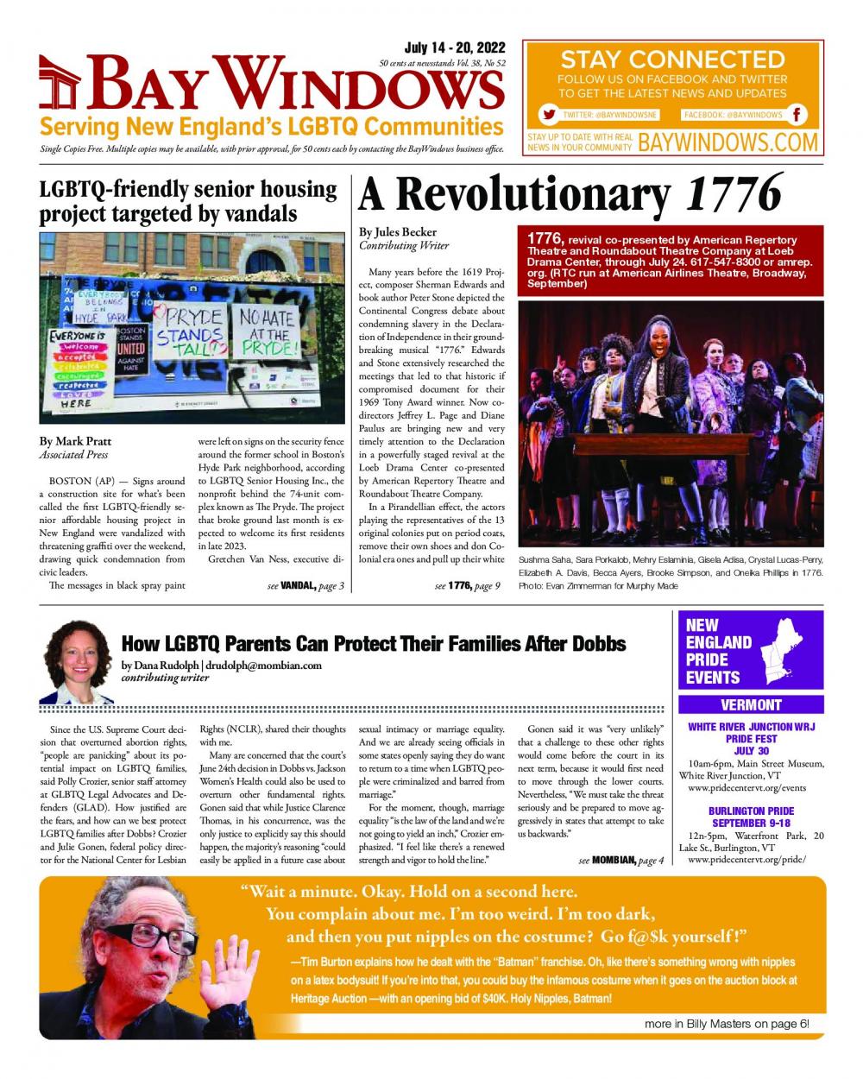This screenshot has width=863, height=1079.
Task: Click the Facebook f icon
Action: [x=798, y=115]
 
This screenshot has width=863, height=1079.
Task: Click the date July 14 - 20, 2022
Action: [x=455, y=47]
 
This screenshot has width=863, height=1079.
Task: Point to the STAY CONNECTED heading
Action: [x=672, y=60]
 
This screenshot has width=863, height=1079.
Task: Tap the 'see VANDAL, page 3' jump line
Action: [x=306, y=587]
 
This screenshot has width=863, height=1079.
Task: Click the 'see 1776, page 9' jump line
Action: [x=467, y=587]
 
